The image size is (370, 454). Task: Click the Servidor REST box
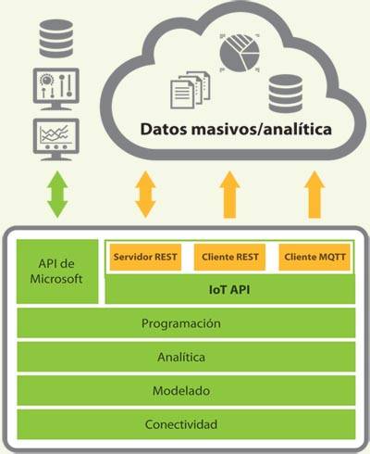pyautogui.click(x=145, y=257)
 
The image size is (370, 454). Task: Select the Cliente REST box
pyautogui.click(x=229, y=257)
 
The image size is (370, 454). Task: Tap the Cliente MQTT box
pyautogui.click(x=314, y=257)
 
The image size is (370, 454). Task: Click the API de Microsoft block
pyautogui.click(x=57, y=271)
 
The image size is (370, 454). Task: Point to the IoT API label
pyautogui.click(x=229, y=290)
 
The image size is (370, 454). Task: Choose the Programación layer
pyautogui.click(x=186, y=322)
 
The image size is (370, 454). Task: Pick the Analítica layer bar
pyautogui.click(x=186, y=357)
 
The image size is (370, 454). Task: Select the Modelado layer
pyautogui.click(x=186, y=390)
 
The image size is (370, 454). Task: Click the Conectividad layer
pyautogui.click(x=186, y=424)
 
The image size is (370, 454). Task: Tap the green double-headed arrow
pyautogui.click(x=57, y=195)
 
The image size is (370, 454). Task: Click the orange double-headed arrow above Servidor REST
pyautogui.click(x=145, y=195)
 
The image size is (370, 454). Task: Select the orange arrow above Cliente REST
pyautogui.click(x=229, y=195)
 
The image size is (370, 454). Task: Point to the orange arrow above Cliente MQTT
pyautogui.click(x=314, y=195)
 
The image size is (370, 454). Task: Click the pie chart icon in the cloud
pyautogui.click(x=240, y=53)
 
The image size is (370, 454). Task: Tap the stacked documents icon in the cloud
pyautogui.click(x=191, y=90)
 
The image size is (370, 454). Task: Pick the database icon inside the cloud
pyautogui.click(x=286, y=94)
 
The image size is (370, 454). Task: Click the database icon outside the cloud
pyautogui.click(x=56, y=39)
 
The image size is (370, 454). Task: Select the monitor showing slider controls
pyautogui.click(x=56, y=89)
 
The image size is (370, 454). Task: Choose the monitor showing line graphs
pyautogui.click(x=56, y=140)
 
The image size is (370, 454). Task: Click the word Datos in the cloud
pyautogui.click(x=164, y=129)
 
